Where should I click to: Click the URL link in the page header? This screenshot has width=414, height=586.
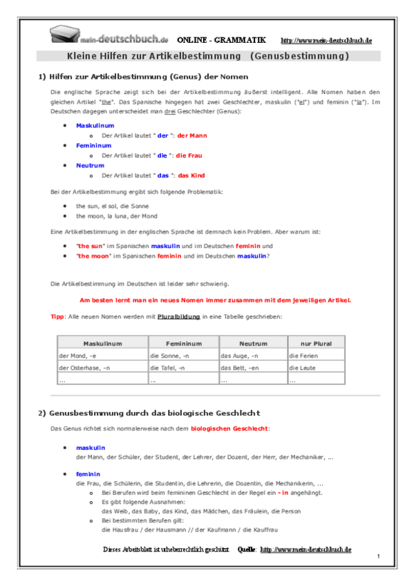coord(326,41)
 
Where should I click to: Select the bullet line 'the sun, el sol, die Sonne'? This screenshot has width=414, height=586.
coord(112,206)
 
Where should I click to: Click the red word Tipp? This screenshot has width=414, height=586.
coord(57,316)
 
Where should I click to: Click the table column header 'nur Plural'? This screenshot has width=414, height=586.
coord(315,343)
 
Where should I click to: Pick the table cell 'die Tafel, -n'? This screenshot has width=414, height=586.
coord(167,368)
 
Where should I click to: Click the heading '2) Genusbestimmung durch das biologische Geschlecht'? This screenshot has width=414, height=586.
coord(149,413)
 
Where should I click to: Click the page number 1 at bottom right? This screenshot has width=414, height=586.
coord(379,556)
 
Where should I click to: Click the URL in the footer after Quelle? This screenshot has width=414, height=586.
coord(305,549)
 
